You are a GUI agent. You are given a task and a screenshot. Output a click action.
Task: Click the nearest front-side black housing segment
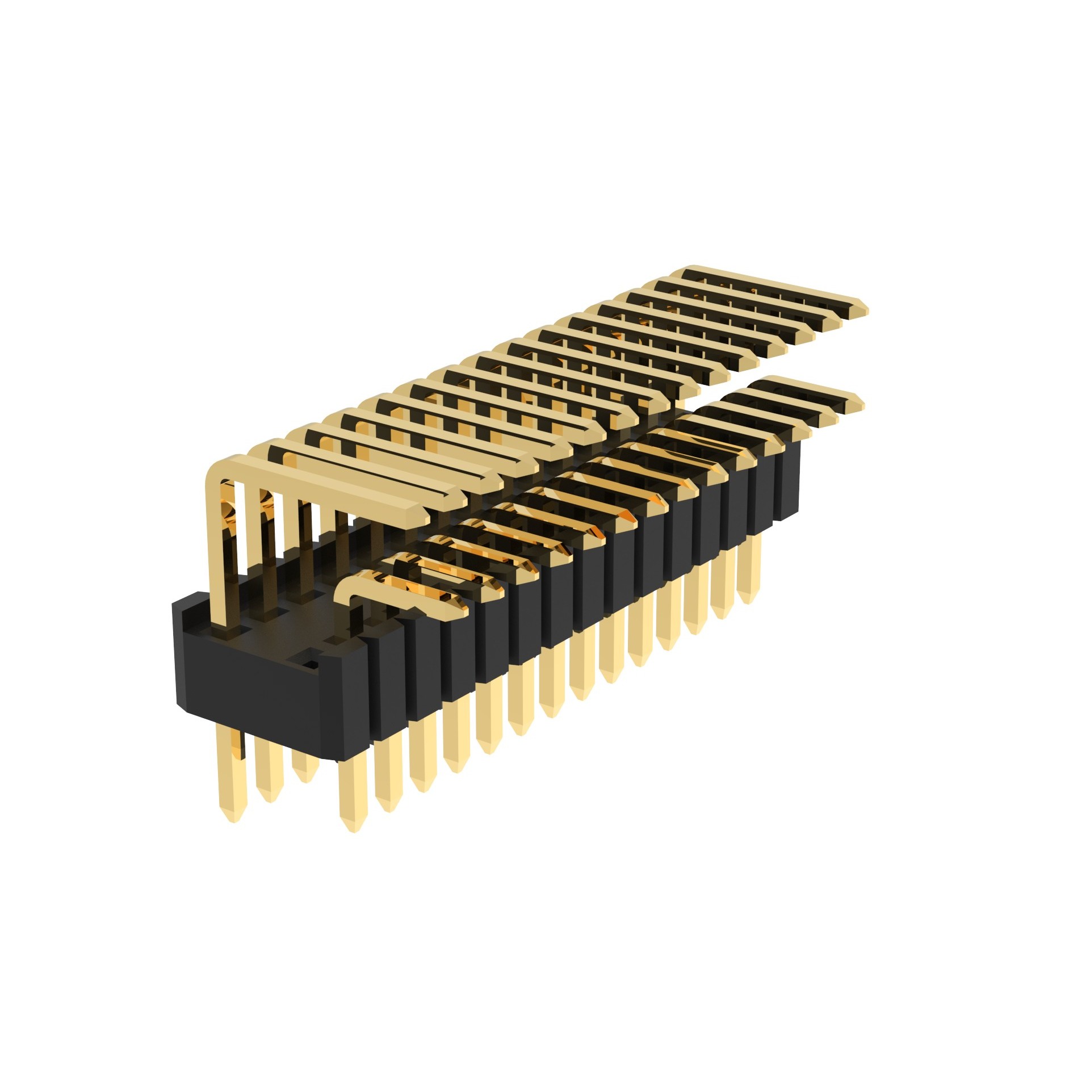[386, 681]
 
